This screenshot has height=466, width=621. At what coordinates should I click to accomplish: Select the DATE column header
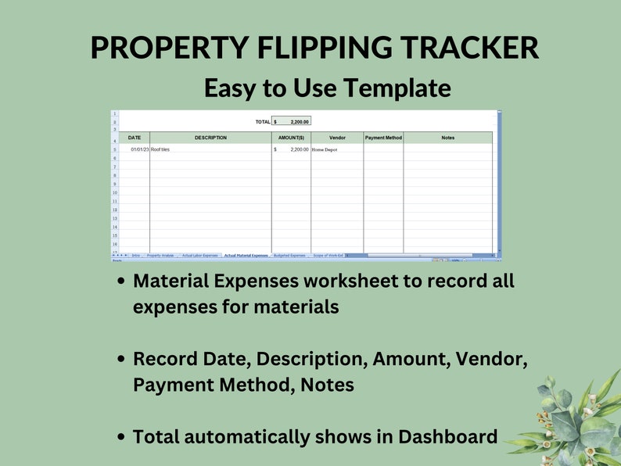coord(135,138)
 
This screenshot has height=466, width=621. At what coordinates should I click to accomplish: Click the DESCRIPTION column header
coord(210,138)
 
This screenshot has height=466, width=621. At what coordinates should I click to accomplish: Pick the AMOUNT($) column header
coord(291,138)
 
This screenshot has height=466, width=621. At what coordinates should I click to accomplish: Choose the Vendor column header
coord(337,138)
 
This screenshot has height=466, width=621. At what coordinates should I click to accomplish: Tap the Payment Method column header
coord(383,138)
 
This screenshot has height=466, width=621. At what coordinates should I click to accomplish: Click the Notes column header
coord(447,138)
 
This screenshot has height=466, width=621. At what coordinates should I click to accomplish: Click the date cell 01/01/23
coord(139,149)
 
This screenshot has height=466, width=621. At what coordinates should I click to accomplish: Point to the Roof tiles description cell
coord(161,149)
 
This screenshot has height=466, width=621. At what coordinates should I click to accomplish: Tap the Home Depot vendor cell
coord(325,149)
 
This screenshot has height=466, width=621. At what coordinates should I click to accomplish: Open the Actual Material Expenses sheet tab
coord(246,255)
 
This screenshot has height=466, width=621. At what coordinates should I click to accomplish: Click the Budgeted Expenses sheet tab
coord(289,255)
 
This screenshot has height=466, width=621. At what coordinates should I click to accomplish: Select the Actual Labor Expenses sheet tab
coord(200,255)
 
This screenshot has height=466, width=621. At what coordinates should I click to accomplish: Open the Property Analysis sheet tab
coord(160,255)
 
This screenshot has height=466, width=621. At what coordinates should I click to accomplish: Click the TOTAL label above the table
coord(262,122)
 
